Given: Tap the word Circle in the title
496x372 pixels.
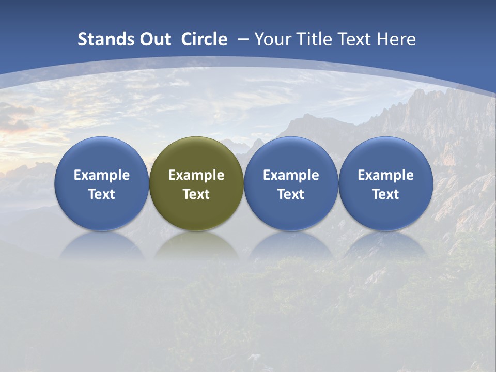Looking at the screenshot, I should [204, 39].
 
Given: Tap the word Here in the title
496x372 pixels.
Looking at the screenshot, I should [397, 39].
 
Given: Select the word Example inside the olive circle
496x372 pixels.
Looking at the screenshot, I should [196, 175].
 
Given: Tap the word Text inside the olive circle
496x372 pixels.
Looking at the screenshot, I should [196, 194].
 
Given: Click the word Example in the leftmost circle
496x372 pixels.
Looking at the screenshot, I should [102, 175].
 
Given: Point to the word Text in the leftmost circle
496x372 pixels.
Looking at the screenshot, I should [102, 194].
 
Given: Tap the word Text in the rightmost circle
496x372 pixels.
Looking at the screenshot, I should [385, 194].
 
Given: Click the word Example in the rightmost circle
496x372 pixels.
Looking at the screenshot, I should [385, 175].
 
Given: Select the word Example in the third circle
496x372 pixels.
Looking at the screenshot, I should [291, 175].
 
